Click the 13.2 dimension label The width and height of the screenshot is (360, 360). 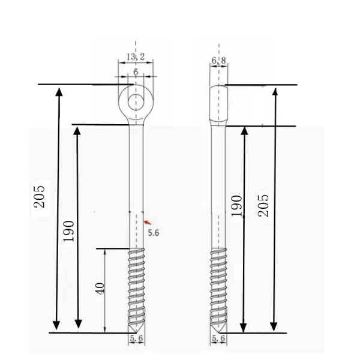coord(136,56)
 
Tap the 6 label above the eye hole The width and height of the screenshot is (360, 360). coord(136,71)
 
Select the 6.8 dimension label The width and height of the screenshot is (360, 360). coord(218,61)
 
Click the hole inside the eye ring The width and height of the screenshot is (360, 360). coord(136,100)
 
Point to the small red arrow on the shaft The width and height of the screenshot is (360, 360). coord(146,223)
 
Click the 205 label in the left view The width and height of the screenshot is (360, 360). coord(39,196)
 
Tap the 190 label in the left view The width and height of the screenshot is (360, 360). coord(69,232)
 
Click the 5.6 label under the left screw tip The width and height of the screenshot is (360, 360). coord(136,339)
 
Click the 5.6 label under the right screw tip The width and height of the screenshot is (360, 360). coord(218,339)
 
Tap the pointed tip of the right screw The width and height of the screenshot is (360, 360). coord(218,331)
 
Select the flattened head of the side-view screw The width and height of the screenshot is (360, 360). coord(218,104)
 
